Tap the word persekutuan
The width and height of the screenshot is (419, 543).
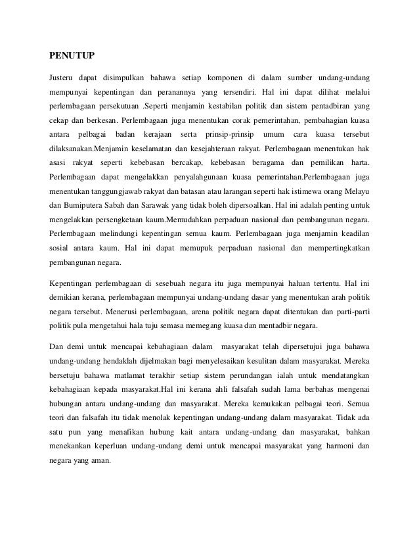121,105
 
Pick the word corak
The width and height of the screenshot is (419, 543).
243,122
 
